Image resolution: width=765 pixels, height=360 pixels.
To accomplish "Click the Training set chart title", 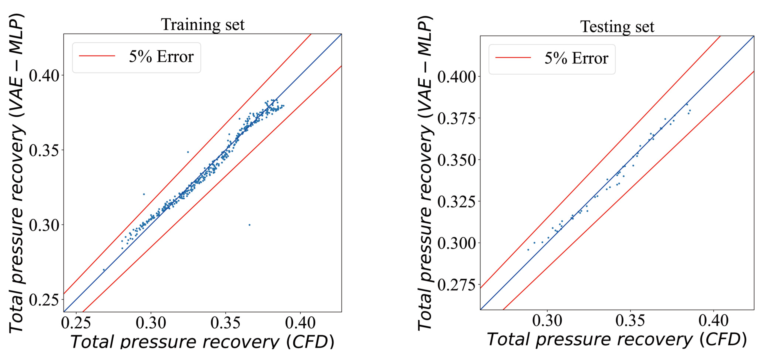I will point(203,24).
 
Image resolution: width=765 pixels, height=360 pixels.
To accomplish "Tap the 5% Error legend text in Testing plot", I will point(576,58).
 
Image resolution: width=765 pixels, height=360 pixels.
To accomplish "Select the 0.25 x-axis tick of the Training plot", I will point(76,323).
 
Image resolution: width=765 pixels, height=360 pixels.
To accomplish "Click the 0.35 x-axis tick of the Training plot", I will point(225,323).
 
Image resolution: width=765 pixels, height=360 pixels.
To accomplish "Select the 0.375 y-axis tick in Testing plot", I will point(456,118).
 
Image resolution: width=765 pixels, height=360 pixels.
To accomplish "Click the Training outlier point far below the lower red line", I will point(249,225).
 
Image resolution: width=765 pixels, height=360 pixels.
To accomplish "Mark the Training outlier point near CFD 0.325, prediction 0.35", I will point(188,152).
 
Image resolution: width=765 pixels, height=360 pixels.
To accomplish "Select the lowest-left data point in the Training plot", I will point(104,270).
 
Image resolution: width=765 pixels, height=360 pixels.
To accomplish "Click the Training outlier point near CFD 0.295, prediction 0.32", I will point(144,194).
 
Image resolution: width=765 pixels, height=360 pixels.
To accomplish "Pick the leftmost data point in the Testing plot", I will point(528,250).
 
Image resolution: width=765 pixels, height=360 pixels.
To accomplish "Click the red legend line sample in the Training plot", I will point(97,56).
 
